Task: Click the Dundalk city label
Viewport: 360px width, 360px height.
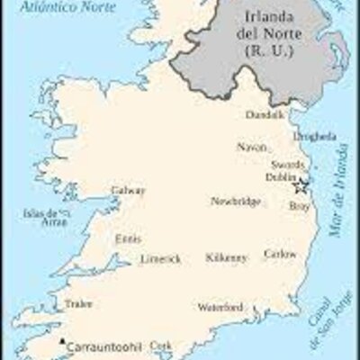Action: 266,114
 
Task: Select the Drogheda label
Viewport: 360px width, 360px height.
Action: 315,137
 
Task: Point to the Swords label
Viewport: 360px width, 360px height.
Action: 287,166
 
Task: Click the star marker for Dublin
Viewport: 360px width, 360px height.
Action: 302,186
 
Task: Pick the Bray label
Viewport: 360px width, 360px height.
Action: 299,206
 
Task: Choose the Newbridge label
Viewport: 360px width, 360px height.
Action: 236,202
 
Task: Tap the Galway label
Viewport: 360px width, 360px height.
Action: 128,191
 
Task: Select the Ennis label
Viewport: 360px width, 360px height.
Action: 128,239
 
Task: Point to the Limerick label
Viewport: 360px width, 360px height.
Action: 160,259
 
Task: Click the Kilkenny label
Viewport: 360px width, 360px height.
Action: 226,258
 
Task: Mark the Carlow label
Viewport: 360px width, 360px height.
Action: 279,255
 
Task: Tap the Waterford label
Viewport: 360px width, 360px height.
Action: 220,308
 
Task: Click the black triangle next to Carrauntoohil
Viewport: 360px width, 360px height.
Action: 61,342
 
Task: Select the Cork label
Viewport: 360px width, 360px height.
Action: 160,345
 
